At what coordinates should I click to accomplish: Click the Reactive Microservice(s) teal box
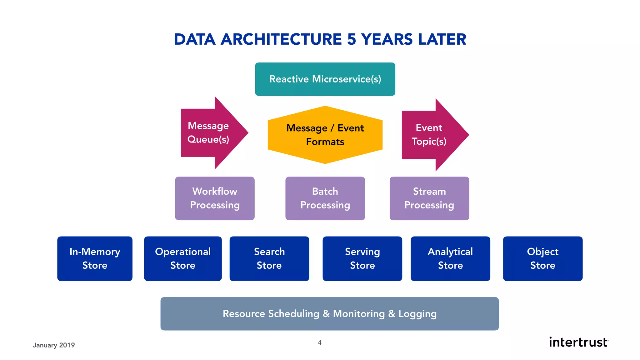coord(325,79)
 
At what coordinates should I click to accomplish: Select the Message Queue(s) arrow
coord(209,132)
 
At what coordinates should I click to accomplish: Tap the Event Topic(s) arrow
coord(430,135)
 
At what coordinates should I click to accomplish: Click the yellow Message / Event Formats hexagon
coord(325,135)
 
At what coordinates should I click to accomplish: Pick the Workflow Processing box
coord(215,198)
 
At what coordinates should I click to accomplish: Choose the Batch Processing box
coord(325,198)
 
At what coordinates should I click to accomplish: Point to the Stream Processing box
coord(429,198)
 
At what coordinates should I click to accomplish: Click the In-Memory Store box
coord(95,258)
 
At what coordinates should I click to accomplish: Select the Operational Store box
coord(183,258)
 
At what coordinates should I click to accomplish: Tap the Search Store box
coord(269,258)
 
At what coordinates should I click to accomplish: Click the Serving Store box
coord(362,258)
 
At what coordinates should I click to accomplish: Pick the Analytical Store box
coord(450,258)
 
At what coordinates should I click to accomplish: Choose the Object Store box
coord(542,258)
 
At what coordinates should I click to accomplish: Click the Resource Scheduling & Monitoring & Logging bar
coord(329,314)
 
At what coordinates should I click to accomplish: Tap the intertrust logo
coord(578,342)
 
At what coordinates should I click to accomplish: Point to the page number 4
coord(320,342)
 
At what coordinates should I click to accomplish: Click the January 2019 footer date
coord(54,345)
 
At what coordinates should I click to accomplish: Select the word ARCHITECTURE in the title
coord(281,40)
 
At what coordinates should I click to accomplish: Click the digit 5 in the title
coord(352,40)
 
